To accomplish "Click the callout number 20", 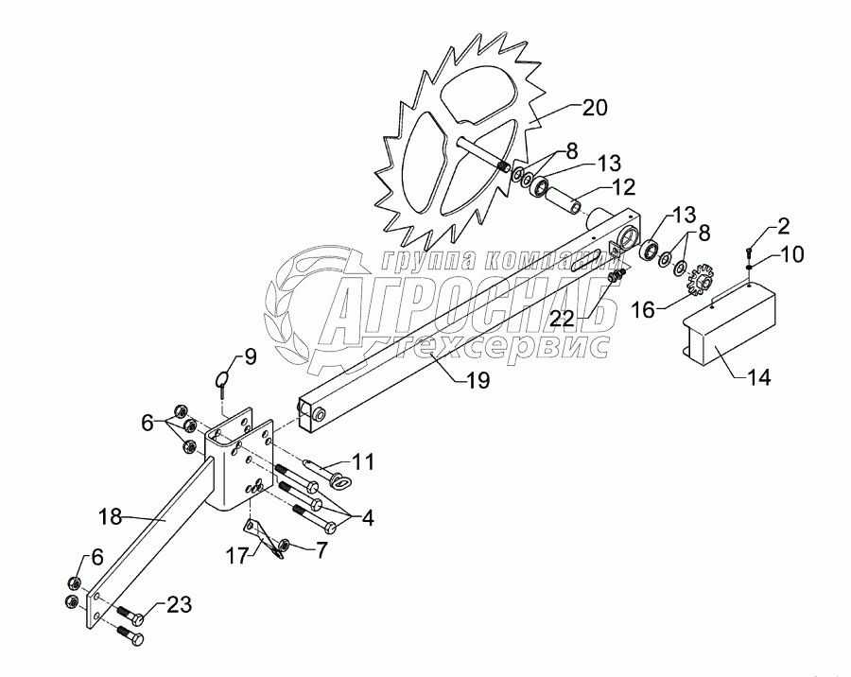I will pos(595,108).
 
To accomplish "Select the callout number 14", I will pos(757,378).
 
